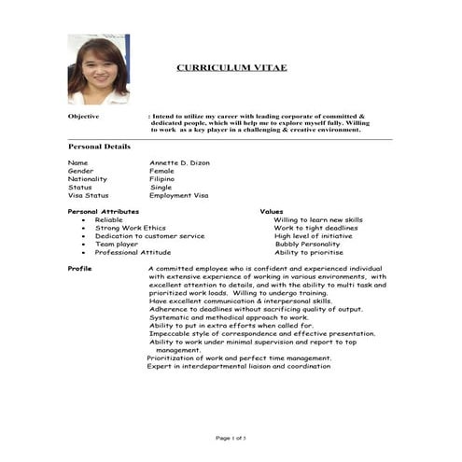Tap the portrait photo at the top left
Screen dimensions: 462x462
(98, 69)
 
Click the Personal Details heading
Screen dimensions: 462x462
(99, 147)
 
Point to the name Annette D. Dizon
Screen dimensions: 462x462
(179, 162)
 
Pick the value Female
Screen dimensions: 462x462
(161, 171)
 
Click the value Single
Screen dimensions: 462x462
(161, 188)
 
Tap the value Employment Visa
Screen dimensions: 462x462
(178, 196)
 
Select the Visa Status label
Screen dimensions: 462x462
(88, 196)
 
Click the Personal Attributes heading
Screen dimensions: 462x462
(103, 212)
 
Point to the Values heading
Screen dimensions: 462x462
(272, 212)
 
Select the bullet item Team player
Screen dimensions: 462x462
(117, 245)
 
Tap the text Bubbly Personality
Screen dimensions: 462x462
(307, 245)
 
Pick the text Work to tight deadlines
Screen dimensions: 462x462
(315, 228)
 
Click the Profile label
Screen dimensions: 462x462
(79, 269)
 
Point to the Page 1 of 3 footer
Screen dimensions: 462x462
(231, 438)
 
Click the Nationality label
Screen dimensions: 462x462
(87, 179)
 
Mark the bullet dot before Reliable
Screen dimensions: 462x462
(84, 220)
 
